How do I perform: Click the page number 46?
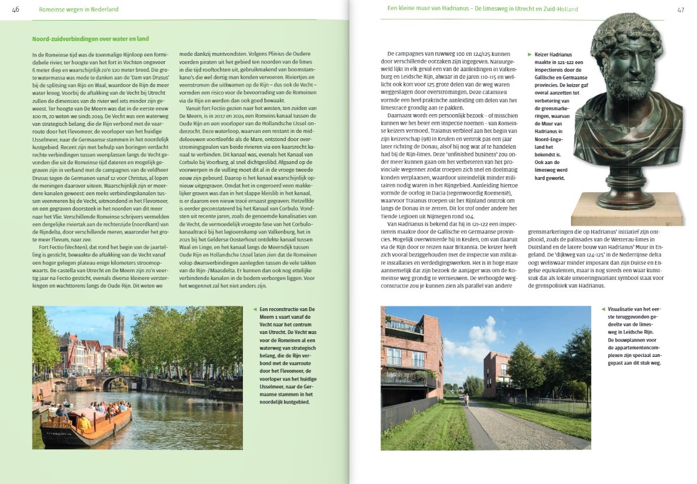pyautogui.click(x=16, y=9)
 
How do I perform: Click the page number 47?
pyautogui.click(x=681, y=9)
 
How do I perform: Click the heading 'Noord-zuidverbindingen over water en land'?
pyautogui.click(x=90, y=39)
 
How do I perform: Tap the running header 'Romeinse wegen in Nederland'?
pyautogui.click(x=78, y=9)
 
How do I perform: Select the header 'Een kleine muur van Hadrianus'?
pyautogui.click(x=429, y=9)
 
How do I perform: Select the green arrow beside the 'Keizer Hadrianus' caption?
pyautogui.click(x=529, y=54)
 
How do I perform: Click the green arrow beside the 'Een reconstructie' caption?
pyautogui.click(x=255, y=309)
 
